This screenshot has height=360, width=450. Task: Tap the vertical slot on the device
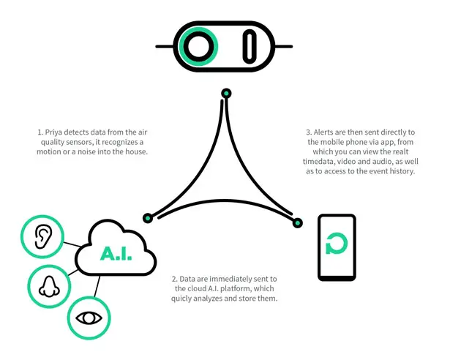250,47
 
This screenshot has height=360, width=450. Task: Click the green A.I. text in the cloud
116,253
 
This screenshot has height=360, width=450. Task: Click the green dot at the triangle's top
226,94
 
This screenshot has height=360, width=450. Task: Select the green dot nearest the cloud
148,218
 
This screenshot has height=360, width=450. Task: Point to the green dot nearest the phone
298,222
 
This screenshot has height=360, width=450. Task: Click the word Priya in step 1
53,132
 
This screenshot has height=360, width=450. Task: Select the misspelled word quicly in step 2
181,299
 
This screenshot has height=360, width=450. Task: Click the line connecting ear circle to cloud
72,244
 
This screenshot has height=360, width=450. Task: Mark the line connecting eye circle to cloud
97,286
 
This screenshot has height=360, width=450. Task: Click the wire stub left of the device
165,47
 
